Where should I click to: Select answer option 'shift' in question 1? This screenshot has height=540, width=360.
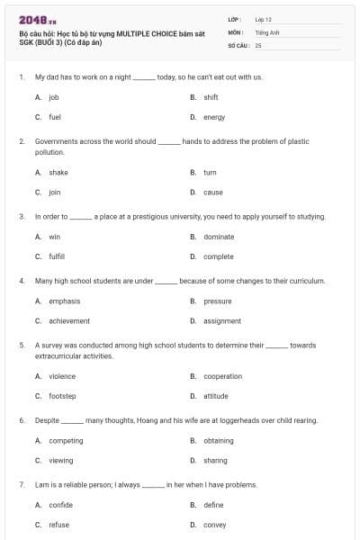click(x=211, y=97)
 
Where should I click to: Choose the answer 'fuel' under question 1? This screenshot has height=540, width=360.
click(x=55, y=117)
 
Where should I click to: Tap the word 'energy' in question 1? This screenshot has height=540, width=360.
click(x=214, y=117)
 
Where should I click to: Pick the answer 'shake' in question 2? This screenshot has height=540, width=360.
click(x=58, y=172)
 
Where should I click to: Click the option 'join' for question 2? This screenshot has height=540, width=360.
click(x=55, y=192)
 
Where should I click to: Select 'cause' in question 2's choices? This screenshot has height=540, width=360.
click(x=213, y=192)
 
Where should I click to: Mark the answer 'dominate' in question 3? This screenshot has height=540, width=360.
click(x=219, y=237)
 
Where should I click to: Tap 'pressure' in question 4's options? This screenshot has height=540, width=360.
click(x=218, y=301)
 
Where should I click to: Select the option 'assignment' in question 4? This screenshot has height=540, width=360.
click(x=222, y=321)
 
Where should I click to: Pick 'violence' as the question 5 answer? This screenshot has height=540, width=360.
click(x=62, y=376)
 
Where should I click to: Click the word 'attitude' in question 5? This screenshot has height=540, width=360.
click(x=216, y=396)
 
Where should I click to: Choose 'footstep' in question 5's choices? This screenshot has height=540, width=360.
click(x=62, y=396)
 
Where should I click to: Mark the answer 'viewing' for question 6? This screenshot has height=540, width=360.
click(x=61, y=461)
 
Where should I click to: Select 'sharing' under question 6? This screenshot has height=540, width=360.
click(x=215, y=461)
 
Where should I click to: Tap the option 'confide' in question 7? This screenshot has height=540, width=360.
click(x=60, y=505)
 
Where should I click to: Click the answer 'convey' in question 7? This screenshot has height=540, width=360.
click(x=214, y=525)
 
